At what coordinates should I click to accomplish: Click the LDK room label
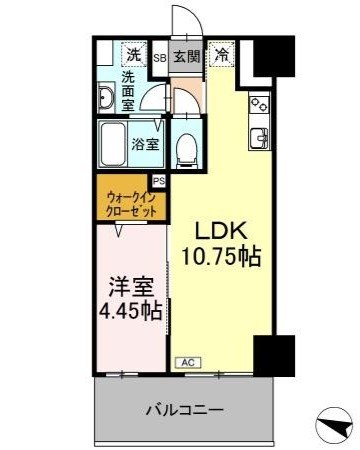coord(221,230)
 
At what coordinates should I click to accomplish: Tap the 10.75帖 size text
coord(221,257)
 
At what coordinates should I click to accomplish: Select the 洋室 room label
coord(132,286)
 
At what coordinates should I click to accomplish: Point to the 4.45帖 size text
coord(131,311)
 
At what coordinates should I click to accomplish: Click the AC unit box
coord(188,363)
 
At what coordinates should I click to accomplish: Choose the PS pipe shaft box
coord(159,181)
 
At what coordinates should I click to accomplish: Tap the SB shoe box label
coord(160,58)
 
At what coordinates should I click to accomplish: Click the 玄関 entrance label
coord(187,56)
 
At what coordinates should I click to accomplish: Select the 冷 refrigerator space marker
coord(222,54)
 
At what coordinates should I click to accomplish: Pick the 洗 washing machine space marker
coord(134,54)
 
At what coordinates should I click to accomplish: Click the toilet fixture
coord(187,150)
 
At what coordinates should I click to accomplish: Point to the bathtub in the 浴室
coord(113,145)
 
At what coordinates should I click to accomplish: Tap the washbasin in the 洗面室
coord(106,98)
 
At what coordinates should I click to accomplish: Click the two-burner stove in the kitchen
coord(259,105)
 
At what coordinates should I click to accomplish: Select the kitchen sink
coord(260,138)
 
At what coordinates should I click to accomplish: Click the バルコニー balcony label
coord(185,409)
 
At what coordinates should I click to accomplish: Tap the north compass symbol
coord(334,426)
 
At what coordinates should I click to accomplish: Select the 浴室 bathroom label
coord(145,144)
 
